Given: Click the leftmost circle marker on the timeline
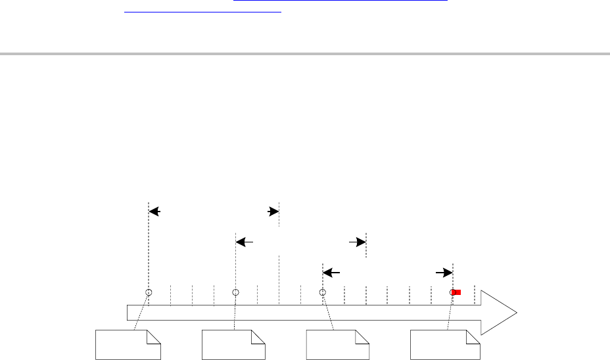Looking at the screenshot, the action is pos(149,292).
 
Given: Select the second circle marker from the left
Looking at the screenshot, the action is pos(235,292).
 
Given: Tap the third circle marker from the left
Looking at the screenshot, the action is pos(322,292).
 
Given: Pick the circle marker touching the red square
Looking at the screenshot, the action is pos(452,292).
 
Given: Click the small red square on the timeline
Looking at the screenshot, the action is pos(457,292).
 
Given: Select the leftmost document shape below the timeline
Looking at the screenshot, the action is pos(128,345).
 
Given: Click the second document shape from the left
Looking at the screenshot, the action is pos(233,345).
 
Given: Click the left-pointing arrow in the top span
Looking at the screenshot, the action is pos(154,212).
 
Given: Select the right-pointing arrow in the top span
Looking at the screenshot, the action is pos(273,212).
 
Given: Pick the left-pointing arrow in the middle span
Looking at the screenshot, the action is pos(244,242).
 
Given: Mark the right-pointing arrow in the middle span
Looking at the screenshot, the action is pos(358,242).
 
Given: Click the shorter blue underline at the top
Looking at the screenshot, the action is pos(202,11).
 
